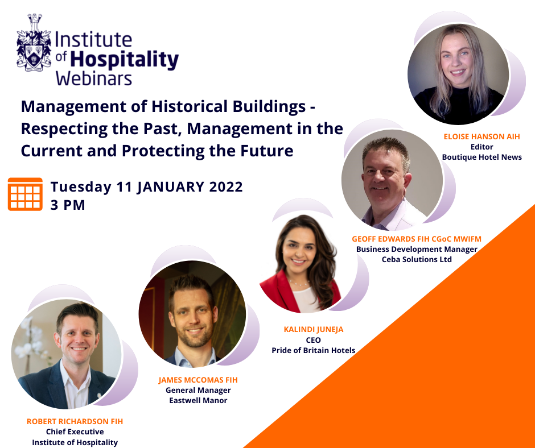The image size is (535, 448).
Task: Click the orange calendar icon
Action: tap(25, 194)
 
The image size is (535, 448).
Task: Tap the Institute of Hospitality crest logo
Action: tap(34, 43)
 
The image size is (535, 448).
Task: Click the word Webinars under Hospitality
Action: tap(94, 78)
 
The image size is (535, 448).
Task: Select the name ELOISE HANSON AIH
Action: tap(481, 136)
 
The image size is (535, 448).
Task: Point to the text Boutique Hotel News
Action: tap(481, 157)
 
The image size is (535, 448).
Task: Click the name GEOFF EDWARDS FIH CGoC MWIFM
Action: tap(417, 239)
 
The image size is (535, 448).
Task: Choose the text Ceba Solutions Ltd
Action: tap(417, 259)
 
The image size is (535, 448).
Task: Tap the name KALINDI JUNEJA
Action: tap(314, 330)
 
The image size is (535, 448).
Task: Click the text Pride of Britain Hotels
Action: tap(313, 350)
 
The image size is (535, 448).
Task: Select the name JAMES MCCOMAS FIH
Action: tap(198, 380)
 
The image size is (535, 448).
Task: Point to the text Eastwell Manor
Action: tap(198, 401)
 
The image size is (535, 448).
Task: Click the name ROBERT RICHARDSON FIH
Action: tap(75, 422)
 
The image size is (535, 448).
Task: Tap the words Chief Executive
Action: tap(75, 432)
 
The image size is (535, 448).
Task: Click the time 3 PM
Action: tap(68, 205)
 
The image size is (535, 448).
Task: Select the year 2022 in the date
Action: tap(226, 187)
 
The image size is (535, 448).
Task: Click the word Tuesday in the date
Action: tap(81, 187)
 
